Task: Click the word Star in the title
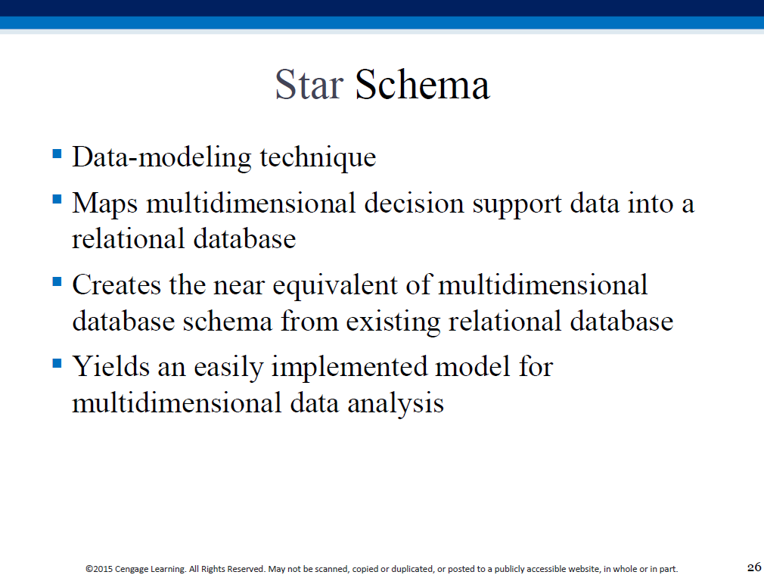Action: click(x=309, y=84)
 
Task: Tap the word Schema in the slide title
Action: click(x=422, y=84)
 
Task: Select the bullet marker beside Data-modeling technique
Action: click(x=57, y=154)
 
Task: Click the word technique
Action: click(x=318, y=157)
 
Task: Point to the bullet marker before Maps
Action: click(x=57, y=199)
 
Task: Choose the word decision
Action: click(x=414, y=203)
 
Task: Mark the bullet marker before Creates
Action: click(x=57, y=281)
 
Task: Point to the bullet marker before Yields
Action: click(x=57, y=363)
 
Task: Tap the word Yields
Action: click(x=110, y=366)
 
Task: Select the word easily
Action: click(x=228, y=368)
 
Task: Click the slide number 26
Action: click(x=753, y=567)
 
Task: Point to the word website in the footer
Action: click(x=584, y=569)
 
